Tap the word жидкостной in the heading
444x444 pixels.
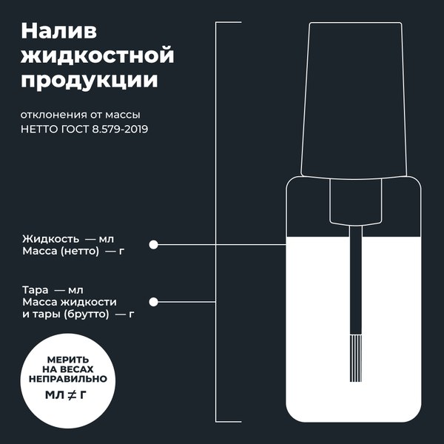(98, 55)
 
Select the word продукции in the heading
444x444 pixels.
(90, 80)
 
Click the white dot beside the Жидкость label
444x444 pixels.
(154, 245)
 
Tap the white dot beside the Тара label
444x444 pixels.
(154, 302)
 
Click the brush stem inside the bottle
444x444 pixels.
(355, 289)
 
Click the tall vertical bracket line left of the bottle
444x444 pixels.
(216, 222)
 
